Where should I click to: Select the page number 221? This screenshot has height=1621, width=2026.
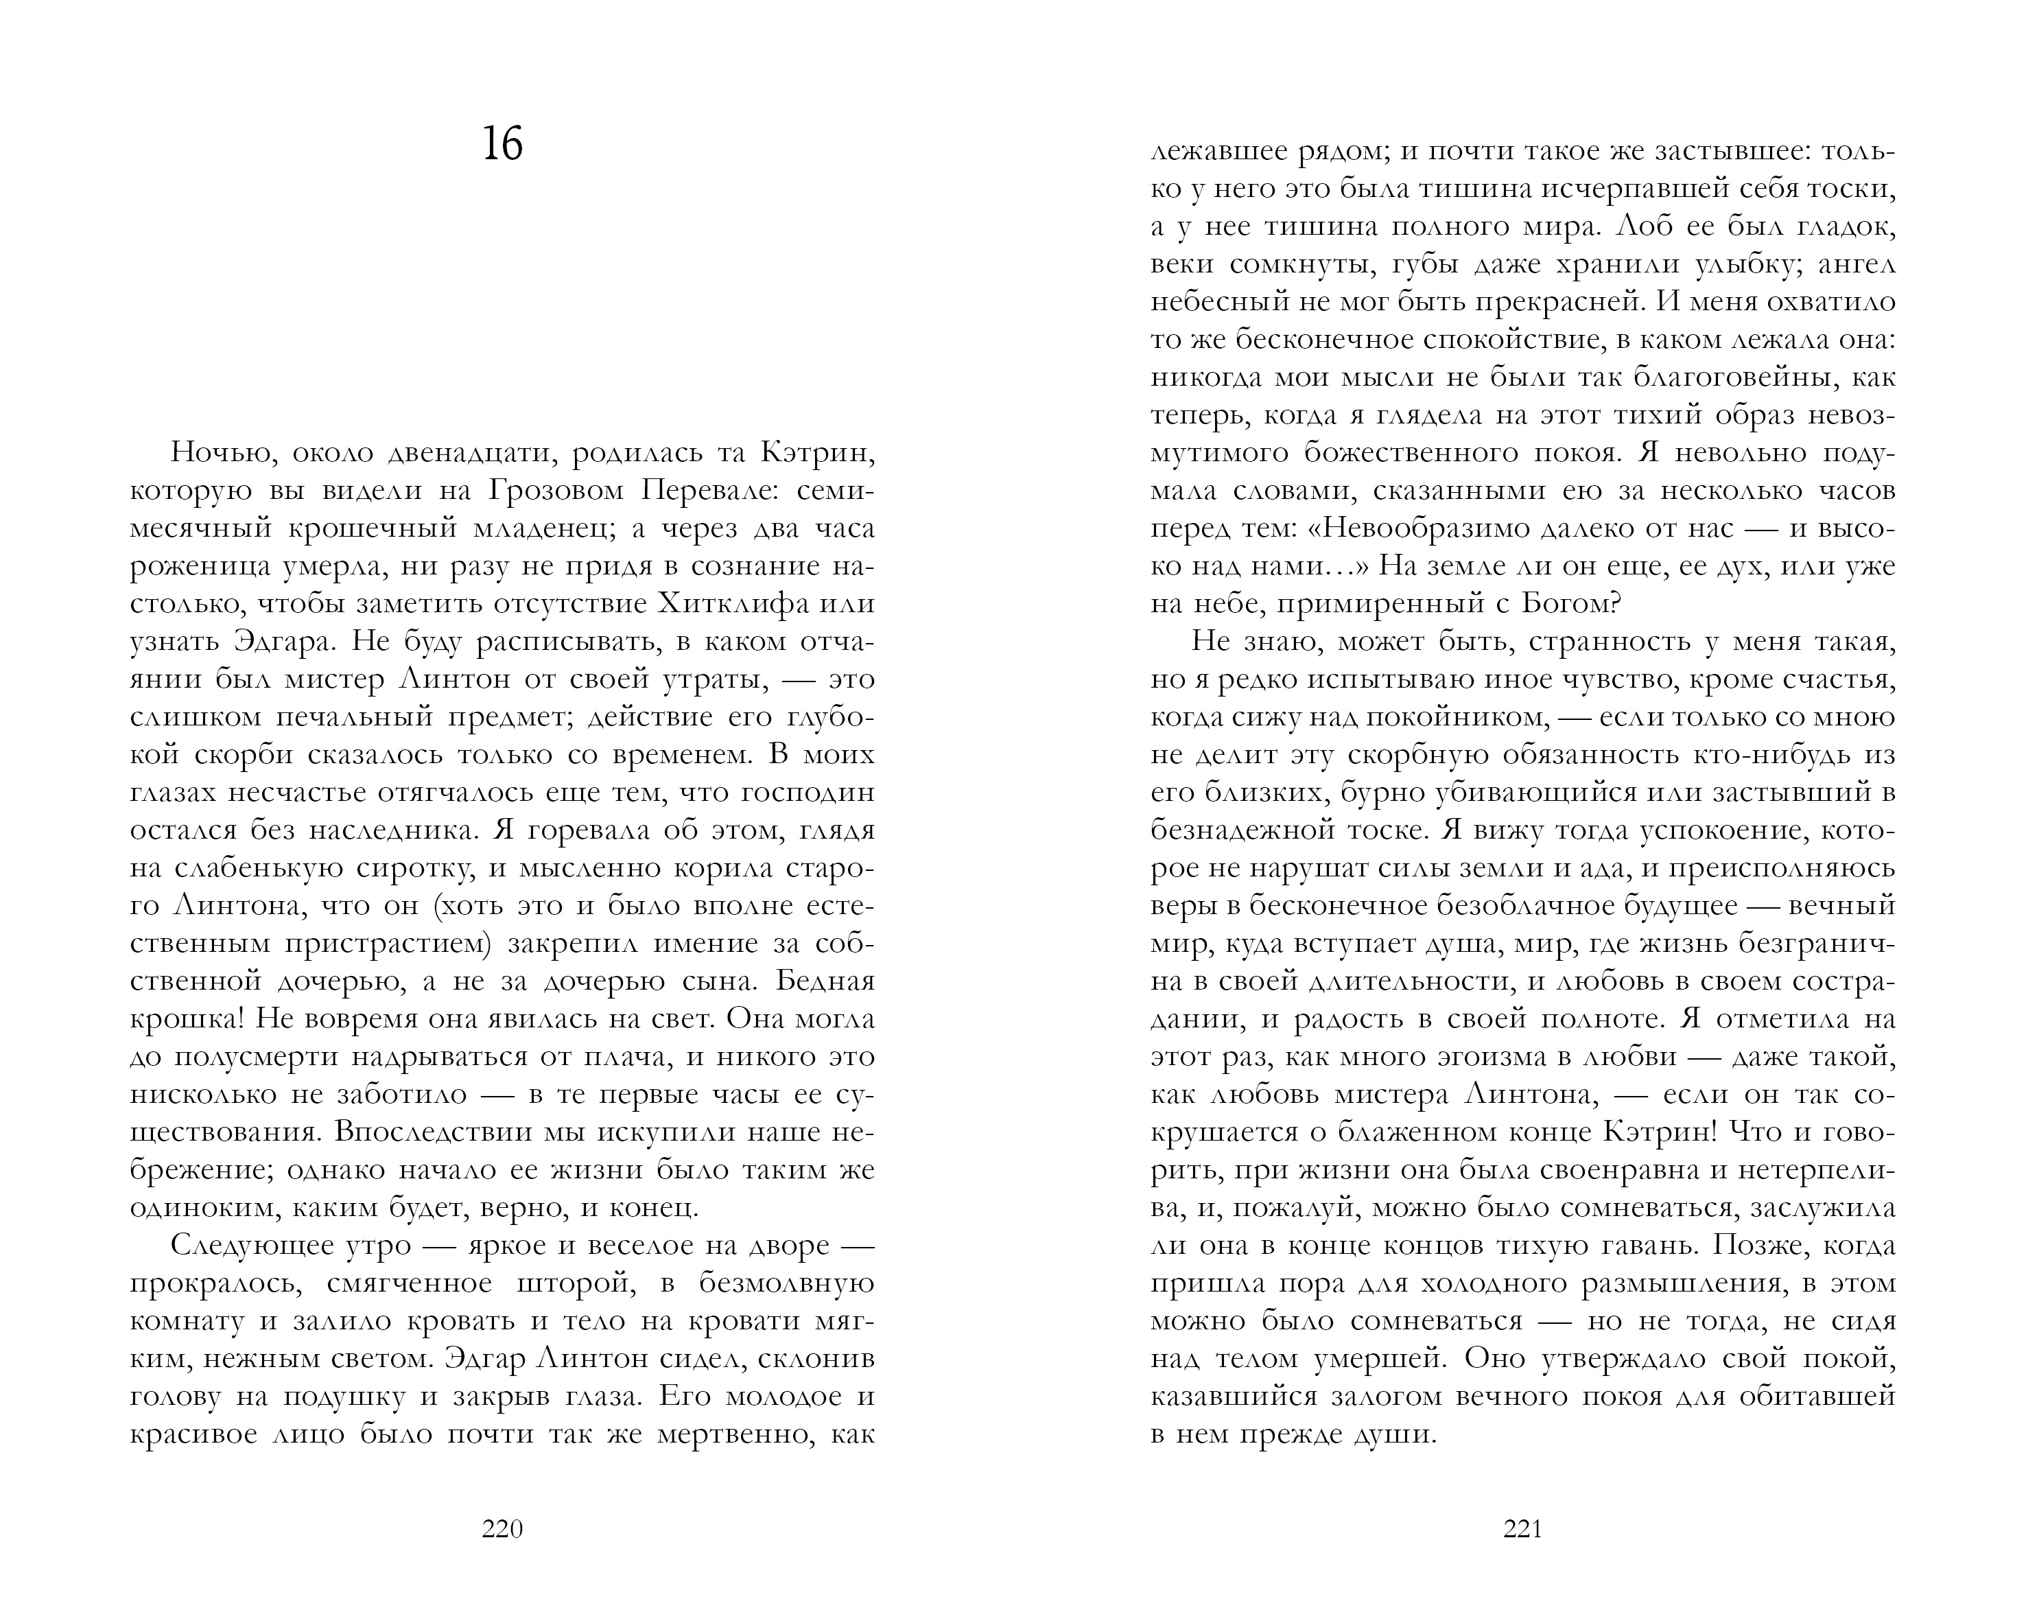[x=1522, y=1530]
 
